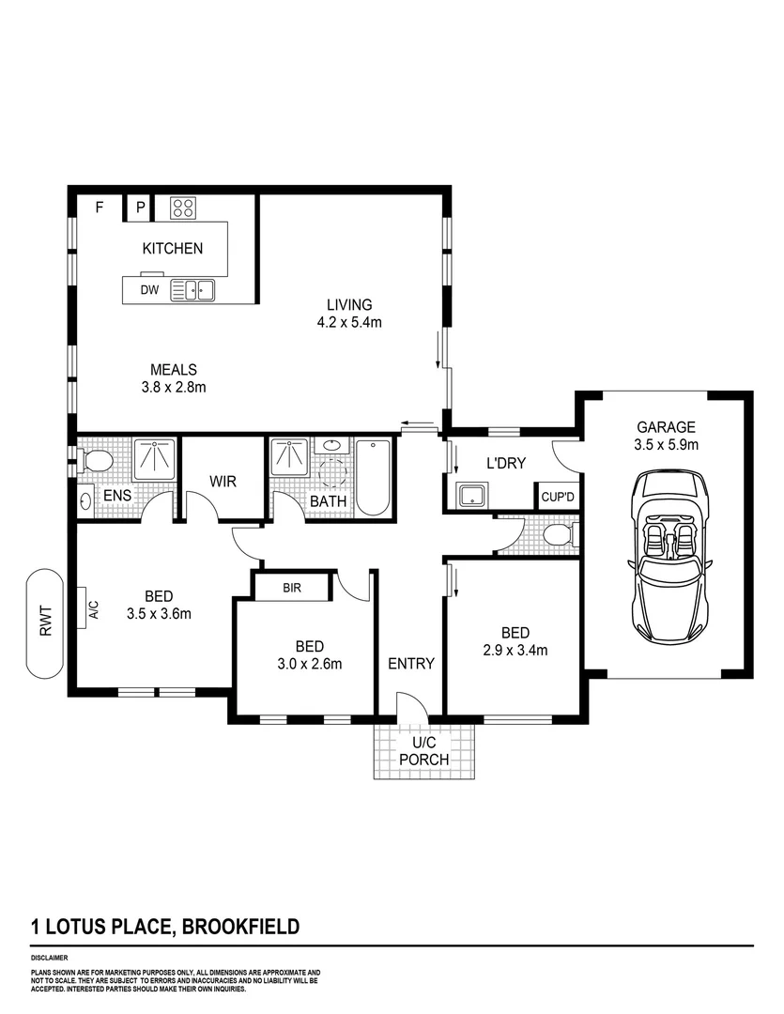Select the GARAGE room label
tap(666, 425)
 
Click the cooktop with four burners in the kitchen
tap(181, 207)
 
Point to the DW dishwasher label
tap(149, 291)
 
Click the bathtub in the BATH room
tap(373, 479)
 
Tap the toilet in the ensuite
tap(95, 460)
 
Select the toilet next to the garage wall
tap(561, 535)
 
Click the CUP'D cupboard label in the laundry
tap(555, 497)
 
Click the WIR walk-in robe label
tap(223, 482)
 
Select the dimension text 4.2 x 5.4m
tap(349, 322)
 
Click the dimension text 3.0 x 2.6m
tap(309, 664)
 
